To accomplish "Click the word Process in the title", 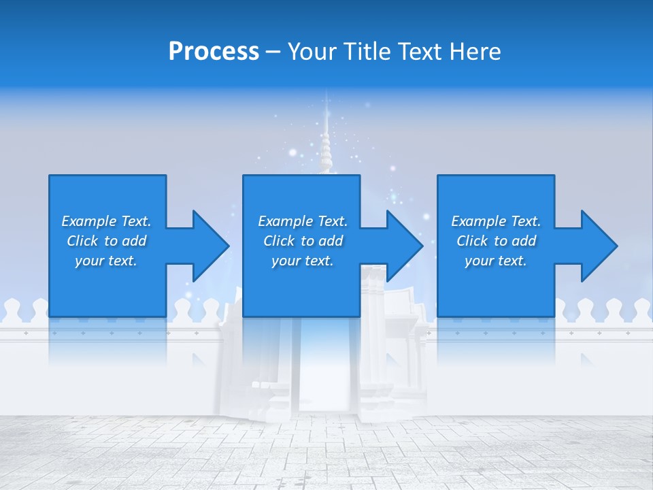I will click(214, 52).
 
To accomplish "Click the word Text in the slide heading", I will click(420, 52).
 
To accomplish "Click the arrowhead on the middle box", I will click(404, 246).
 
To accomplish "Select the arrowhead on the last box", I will click(599, 246).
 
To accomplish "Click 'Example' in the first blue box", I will click(88, 221).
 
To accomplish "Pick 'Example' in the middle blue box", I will click(285, 221).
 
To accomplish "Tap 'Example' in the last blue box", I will click(478, 221).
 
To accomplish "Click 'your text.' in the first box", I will click(106, 261).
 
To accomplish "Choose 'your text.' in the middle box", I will click(303, 261).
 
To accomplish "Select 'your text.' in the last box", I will click(496, 261).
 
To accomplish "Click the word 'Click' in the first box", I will click(82, 241).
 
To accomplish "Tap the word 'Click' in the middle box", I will click(278, 241).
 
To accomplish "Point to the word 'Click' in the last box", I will click(471, 241).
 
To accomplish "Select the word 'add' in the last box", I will click(523, 241).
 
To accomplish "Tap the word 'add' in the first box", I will click(133, 241).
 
